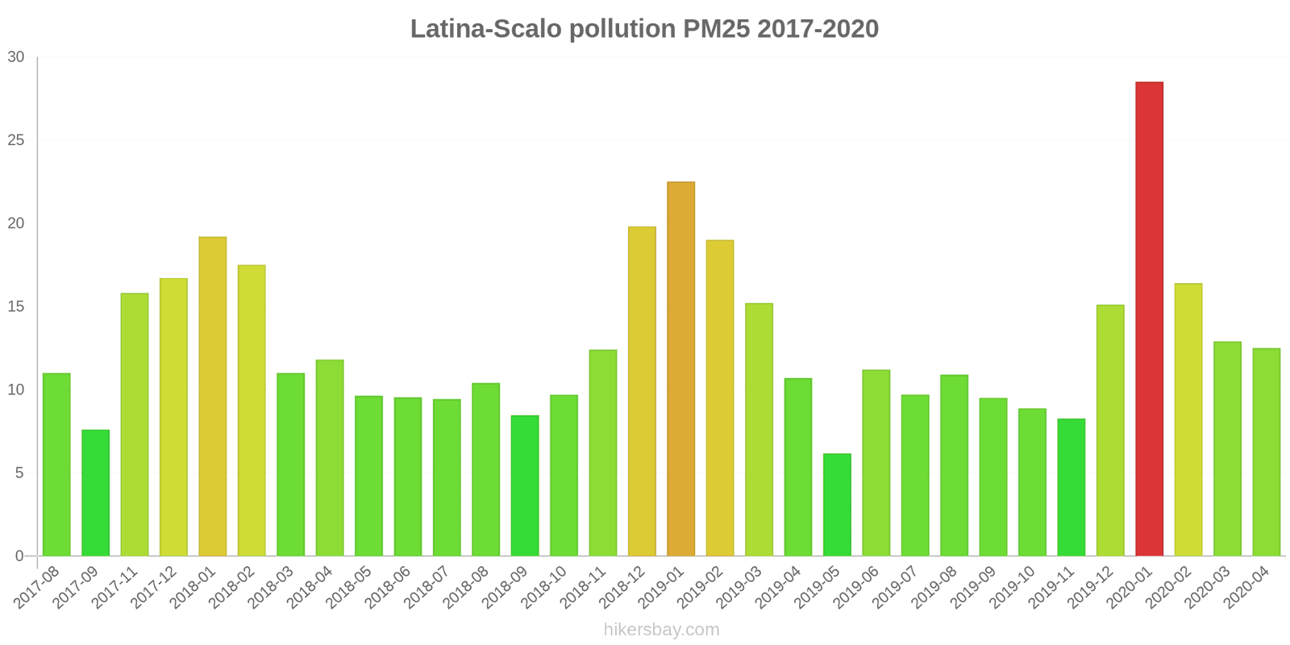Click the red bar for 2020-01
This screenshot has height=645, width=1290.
coord(1149,318)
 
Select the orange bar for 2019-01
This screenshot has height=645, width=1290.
coord(680,368)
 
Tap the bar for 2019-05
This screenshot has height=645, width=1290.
coord(837,505)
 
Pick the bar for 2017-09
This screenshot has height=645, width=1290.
coord(95,493)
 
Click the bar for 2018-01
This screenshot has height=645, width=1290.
coord(212,396)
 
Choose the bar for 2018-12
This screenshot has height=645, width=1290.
coord(642,391)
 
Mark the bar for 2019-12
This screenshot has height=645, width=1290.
coord(1110,430)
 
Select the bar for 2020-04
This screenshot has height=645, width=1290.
coord(1266,451)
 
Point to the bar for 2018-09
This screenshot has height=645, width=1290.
coord(525,485)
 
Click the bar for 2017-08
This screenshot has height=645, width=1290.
coord(56,464)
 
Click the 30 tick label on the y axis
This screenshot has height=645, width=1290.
coord(16,57)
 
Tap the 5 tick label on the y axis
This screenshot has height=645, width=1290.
coord(19,473)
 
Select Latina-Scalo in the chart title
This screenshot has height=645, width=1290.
coord(486,29)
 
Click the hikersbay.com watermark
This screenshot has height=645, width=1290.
coord(661,630)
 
